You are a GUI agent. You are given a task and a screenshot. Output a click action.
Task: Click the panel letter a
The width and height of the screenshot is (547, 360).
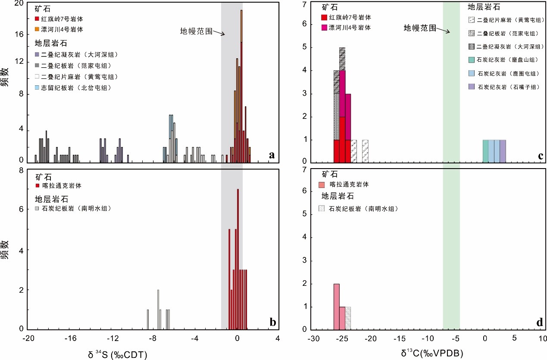272,156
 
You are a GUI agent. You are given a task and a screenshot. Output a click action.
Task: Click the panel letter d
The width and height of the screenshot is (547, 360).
540,322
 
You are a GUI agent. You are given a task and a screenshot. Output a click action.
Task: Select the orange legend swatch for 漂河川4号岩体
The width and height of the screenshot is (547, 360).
37,30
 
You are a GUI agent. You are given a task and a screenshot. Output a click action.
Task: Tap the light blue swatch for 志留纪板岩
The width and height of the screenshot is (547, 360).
37,88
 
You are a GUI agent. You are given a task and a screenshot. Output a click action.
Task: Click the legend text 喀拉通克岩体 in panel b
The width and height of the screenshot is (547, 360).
62,186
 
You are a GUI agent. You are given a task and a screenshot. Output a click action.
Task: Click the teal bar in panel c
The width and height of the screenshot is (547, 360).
485,151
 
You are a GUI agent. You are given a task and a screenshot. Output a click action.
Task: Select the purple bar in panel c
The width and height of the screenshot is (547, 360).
503,151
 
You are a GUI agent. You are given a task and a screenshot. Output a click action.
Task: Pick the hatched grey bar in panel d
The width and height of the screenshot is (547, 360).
348,318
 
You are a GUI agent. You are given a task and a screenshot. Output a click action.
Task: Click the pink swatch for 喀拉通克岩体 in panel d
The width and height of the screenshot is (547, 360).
322,185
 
